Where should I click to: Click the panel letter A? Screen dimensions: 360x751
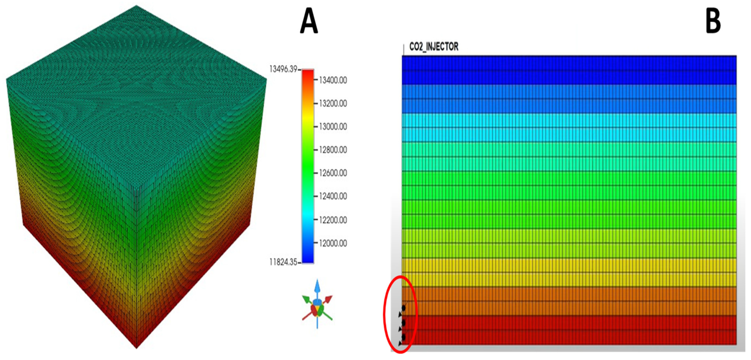tap(309, 21)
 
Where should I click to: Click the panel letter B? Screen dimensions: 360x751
tap(713, 21)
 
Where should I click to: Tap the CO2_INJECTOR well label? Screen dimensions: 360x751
tap(433, 47)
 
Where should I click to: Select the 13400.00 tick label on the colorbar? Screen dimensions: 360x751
tap(333, 80)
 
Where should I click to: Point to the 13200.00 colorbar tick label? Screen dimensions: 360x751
tap(333, 103)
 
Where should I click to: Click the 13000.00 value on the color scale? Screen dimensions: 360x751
tap(333, 127)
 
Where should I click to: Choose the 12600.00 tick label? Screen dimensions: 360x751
tap(333, 173)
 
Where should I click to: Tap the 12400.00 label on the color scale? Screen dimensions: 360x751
tap(333, 196)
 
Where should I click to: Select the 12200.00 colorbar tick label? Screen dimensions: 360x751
tap(333, 220)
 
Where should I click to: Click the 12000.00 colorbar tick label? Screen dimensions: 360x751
tap(333, 243)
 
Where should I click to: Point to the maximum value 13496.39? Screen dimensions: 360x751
tap(283, 69)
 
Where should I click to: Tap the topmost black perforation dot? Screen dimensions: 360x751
tap(403, 308)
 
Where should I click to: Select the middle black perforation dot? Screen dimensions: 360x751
tap(403, 323)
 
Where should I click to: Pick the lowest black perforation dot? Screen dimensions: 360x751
tap(403, 337)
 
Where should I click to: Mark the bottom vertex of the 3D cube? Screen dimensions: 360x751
tap(136, 348)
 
